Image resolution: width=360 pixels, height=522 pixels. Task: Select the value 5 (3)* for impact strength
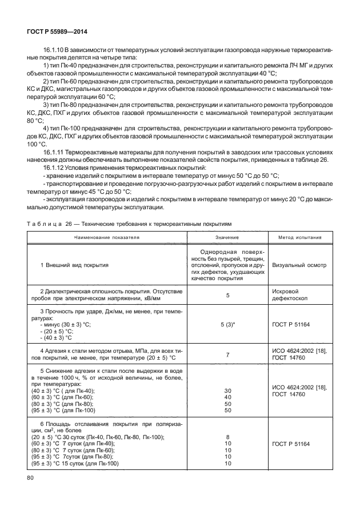click(x=227, y=324)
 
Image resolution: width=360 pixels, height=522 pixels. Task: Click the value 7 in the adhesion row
click(x=227, y=354)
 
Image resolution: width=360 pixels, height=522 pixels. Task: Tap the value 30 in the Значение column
click(x=227, y=390)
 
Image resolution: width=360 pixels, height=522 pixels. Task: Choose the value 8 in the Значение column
click(x=227, y=437)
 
